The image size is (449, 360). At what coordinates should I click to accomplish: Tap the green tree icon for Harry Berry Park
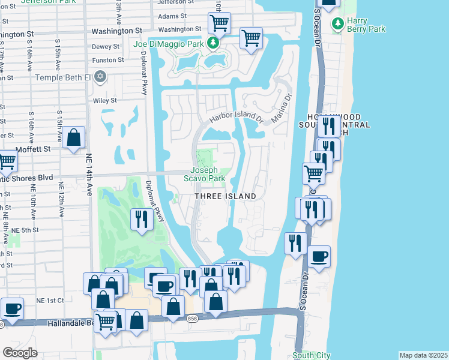[339, 24]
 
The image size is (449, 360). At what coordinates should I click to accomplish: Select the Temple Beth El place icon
[100, 77]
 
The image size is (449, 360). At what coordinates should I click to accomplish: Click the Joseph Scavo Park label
[208, 174]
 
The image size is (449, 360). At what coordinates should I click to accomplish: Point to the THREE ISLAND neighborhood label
[225, 196]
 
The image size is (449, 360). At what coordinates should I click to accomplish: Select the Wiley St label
[104, 101]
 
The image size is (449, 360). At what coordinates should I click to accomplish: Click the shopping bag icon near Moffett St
[73, 138]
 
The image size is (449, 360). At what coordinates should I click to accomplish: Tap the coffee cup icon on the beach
[319, 257]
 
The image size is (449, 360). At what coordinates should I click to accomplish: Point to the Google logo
[20, 353]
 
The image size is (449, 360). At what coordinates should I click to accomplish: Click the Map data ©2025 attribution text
[423, 355]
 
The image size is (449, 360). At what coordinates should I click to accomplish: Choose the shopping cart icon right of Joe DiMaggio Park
[251, 38]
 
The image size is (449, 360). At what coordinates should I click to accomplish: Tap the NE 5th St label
[25, 230]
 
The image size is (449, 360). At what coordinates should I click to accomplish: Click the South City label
[312, 356]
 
